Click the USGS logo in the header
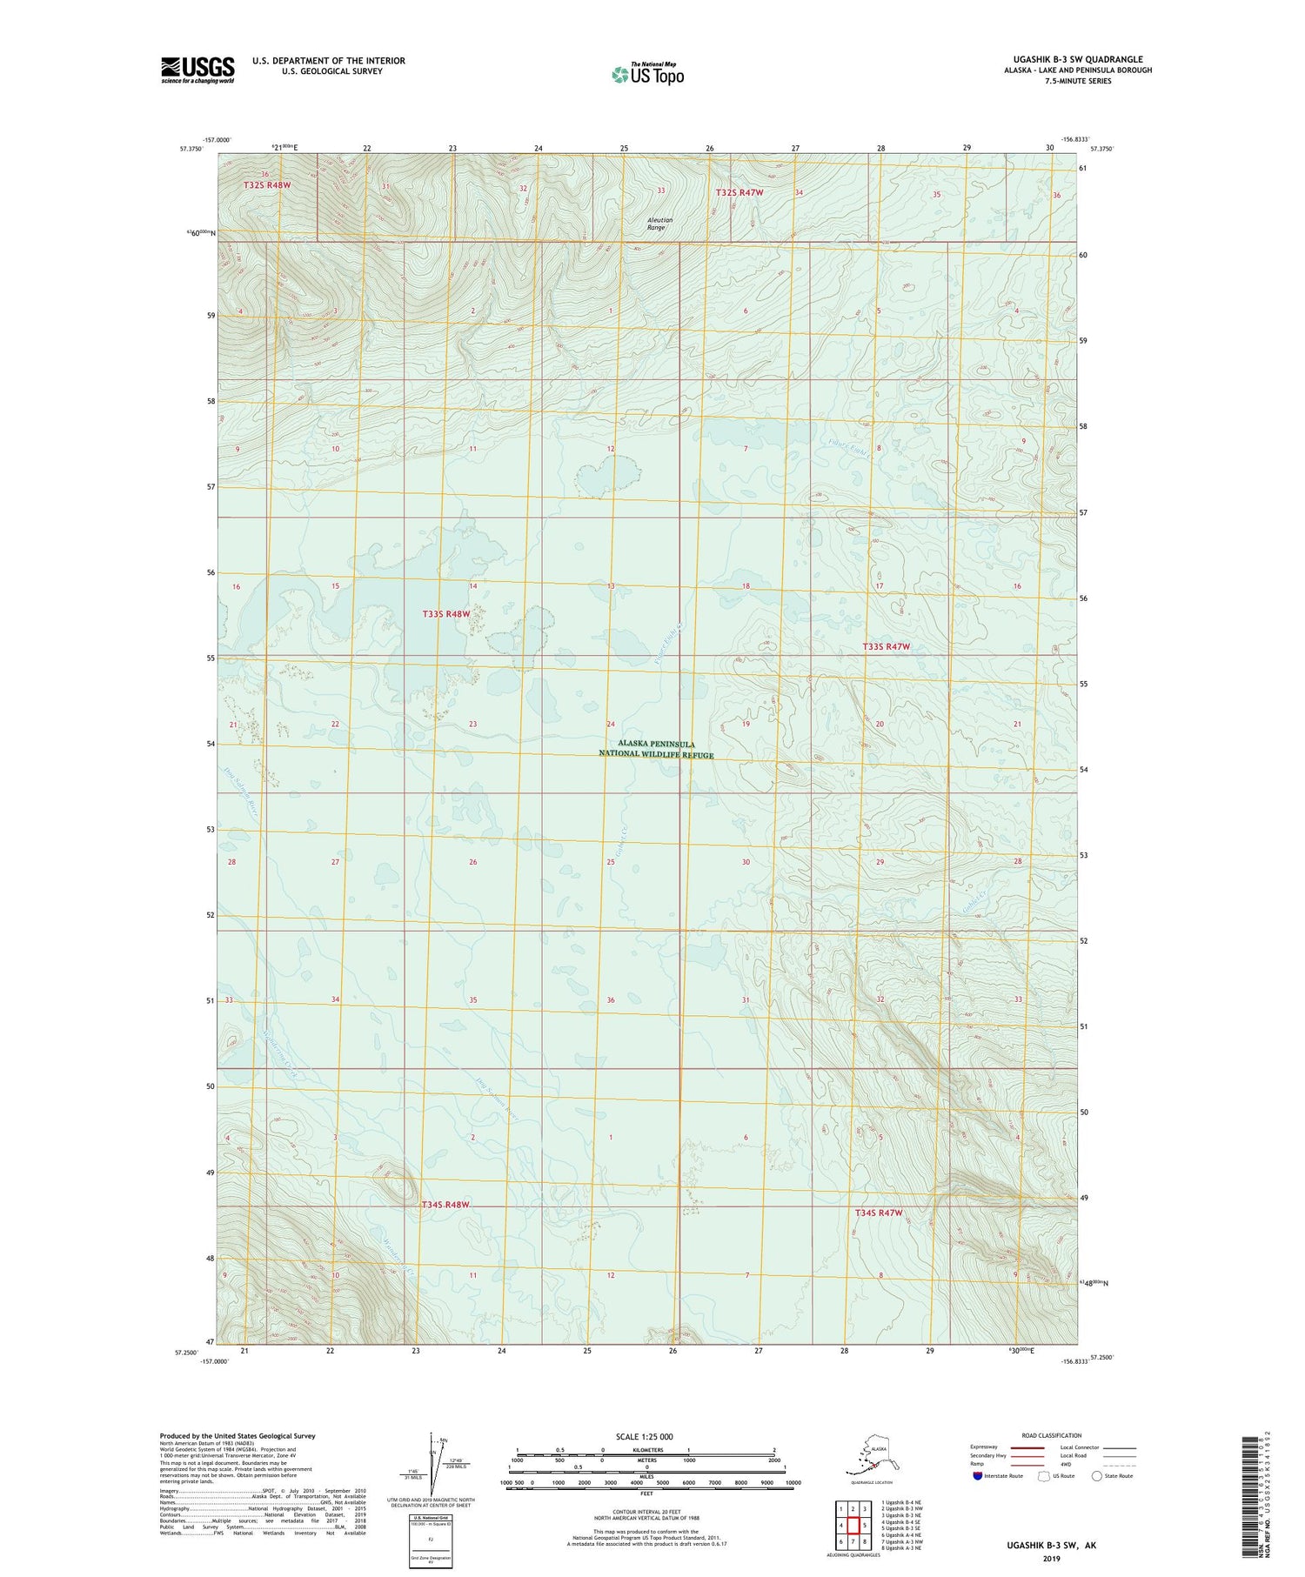coord(197,70)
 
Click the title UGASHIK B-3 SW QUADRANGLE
coord(1077,60)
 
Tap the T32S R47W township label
coord(739,192)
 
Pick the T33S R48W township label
coord(446,614)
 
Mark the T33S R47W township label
coord(886,646)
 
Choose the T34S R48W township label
coord(445,1205)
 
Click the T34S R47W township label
coord(879,1213)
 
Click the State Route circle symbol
coord(1097,1476)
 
